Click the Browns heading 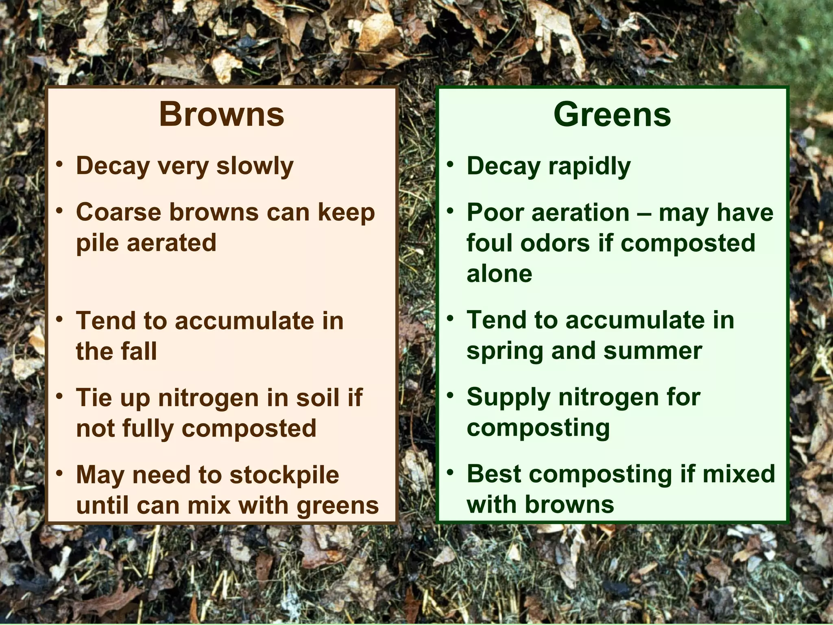pyautogui.click(x=221, y=114)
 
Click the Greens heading pyautogui.click(x=612, y=114)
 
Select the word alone pyautogui.click(x=499, y=273)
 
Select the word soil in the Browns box pyautogui.click(x=317, y=398)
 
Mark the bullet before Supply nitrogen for pyautogui.click(x=450, y=395)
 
